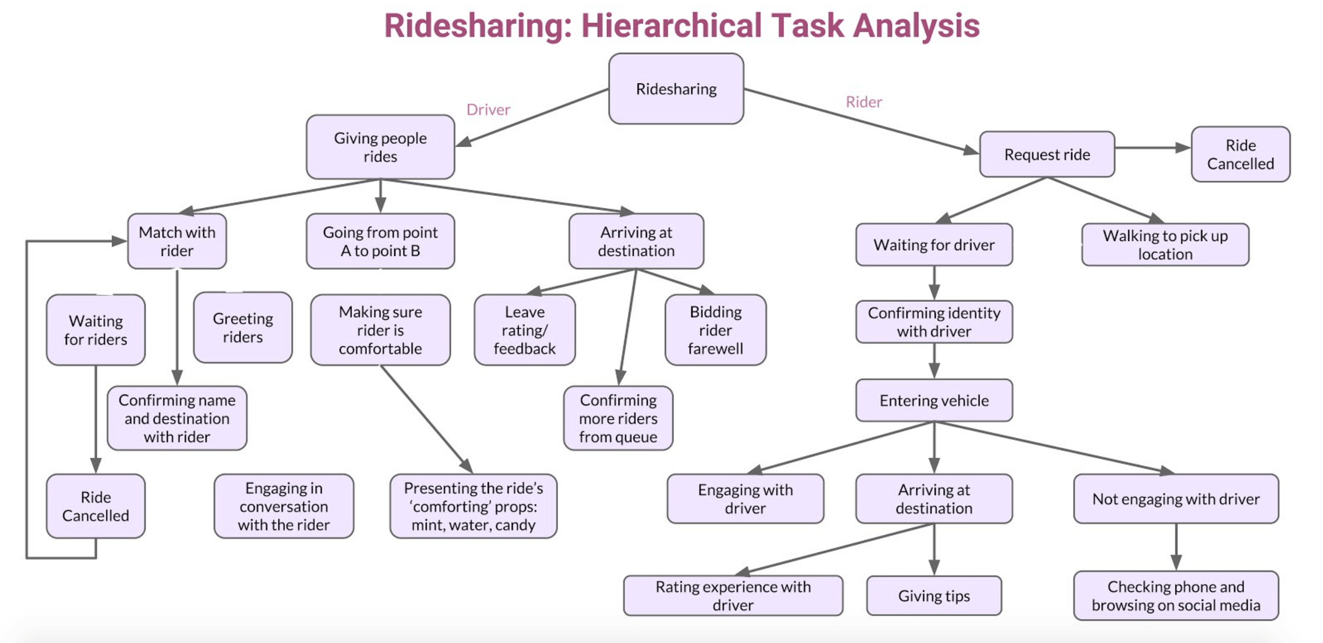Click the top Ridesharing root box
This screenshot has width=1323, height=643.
676,89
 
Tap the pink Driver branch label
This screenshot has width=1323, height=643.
488,109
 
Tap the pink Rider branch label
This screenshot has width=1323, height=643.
864,102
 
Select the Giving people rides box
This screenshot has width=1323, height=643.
380,147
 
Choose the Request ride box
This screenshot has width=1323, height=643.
1047,154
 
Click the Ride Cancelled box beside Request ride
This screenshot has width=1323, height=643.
1240,154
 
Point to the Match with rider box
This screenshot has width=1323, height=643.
177,241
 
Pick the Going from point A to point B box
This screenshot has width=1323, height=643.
380,241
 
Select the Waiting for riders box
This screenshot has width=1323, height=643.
95,330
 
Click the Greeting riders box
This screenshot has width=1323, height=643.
243,328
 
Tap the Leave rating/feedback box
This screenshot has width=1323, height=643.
525,330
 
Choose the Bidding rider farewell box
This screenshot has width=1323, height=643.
716,330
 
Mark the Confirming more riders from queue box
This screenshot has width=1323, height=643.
618,418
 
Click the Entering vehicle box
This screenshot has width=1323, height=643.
934,400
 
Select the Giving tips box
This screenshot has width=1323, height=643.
934,596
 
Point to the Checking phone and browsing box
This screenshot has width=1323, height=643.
1175,596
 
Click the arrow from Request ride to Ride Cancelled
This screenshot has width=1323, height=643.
1152,148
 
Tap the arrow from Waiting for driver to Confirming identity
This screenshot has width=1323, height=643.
934,283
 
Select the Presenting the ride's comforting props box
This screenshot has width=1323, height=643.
473,506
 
